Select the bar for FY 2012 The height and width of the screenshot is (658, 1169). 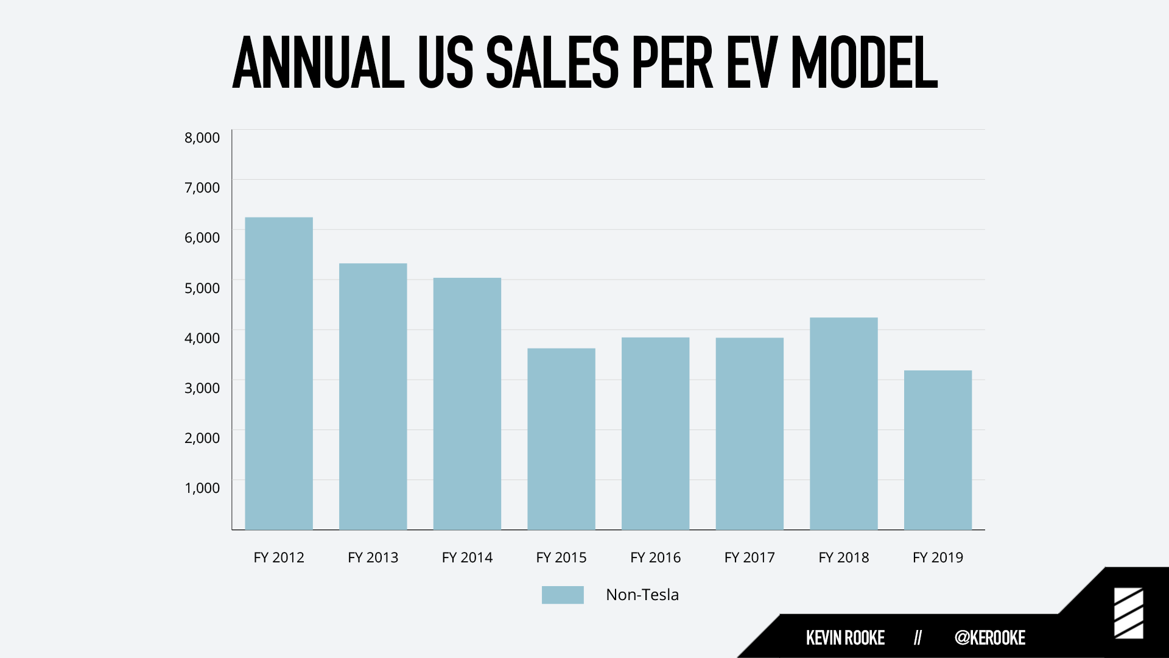pos(279,373)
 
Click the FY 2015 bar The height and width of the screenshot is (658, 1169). pos(561,439)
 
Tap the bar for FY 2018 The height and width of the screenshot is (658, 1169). pos(844,424)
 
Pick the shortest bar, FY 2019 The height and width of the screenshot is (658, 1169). pos(938,450)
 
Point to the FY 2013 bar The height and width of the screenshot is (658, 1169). pos(373,397)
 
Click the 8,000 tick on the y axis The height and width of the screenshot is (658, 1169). pos(202,138)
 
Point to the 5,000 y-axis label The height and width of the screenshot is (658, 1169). pos(202,288)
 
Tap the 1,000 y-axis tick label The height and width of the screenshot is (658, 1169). pos(202,488)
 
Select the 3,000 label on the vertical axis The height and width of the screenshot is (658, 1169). pos(202,388)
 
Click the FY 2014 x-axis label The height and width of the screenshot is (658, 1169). pos(467,557)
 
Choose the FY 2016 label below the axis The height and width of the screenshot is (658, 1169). pos(656,557)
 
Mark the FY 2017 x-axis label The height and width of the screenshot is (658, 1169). pos(749,557)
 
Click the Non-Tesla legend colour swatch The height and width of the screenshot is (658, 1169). pos(563,595)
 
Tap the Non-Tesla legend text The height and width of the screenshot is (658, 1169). pos(642,595)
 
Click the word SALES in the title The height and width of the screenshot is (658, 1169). pos(552,62)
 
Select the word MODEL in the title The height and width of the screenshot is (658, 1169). pos(864,62)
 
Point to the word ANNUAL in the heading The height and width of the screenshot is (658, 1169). pos(318,62)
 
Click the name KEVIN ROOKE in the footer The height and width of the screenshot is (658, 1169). pos(845,638)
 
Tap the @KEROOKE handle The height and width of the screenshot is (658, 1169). pos(990,638)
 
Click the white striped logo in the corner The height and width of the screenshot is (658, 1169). pos(1129,614)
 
